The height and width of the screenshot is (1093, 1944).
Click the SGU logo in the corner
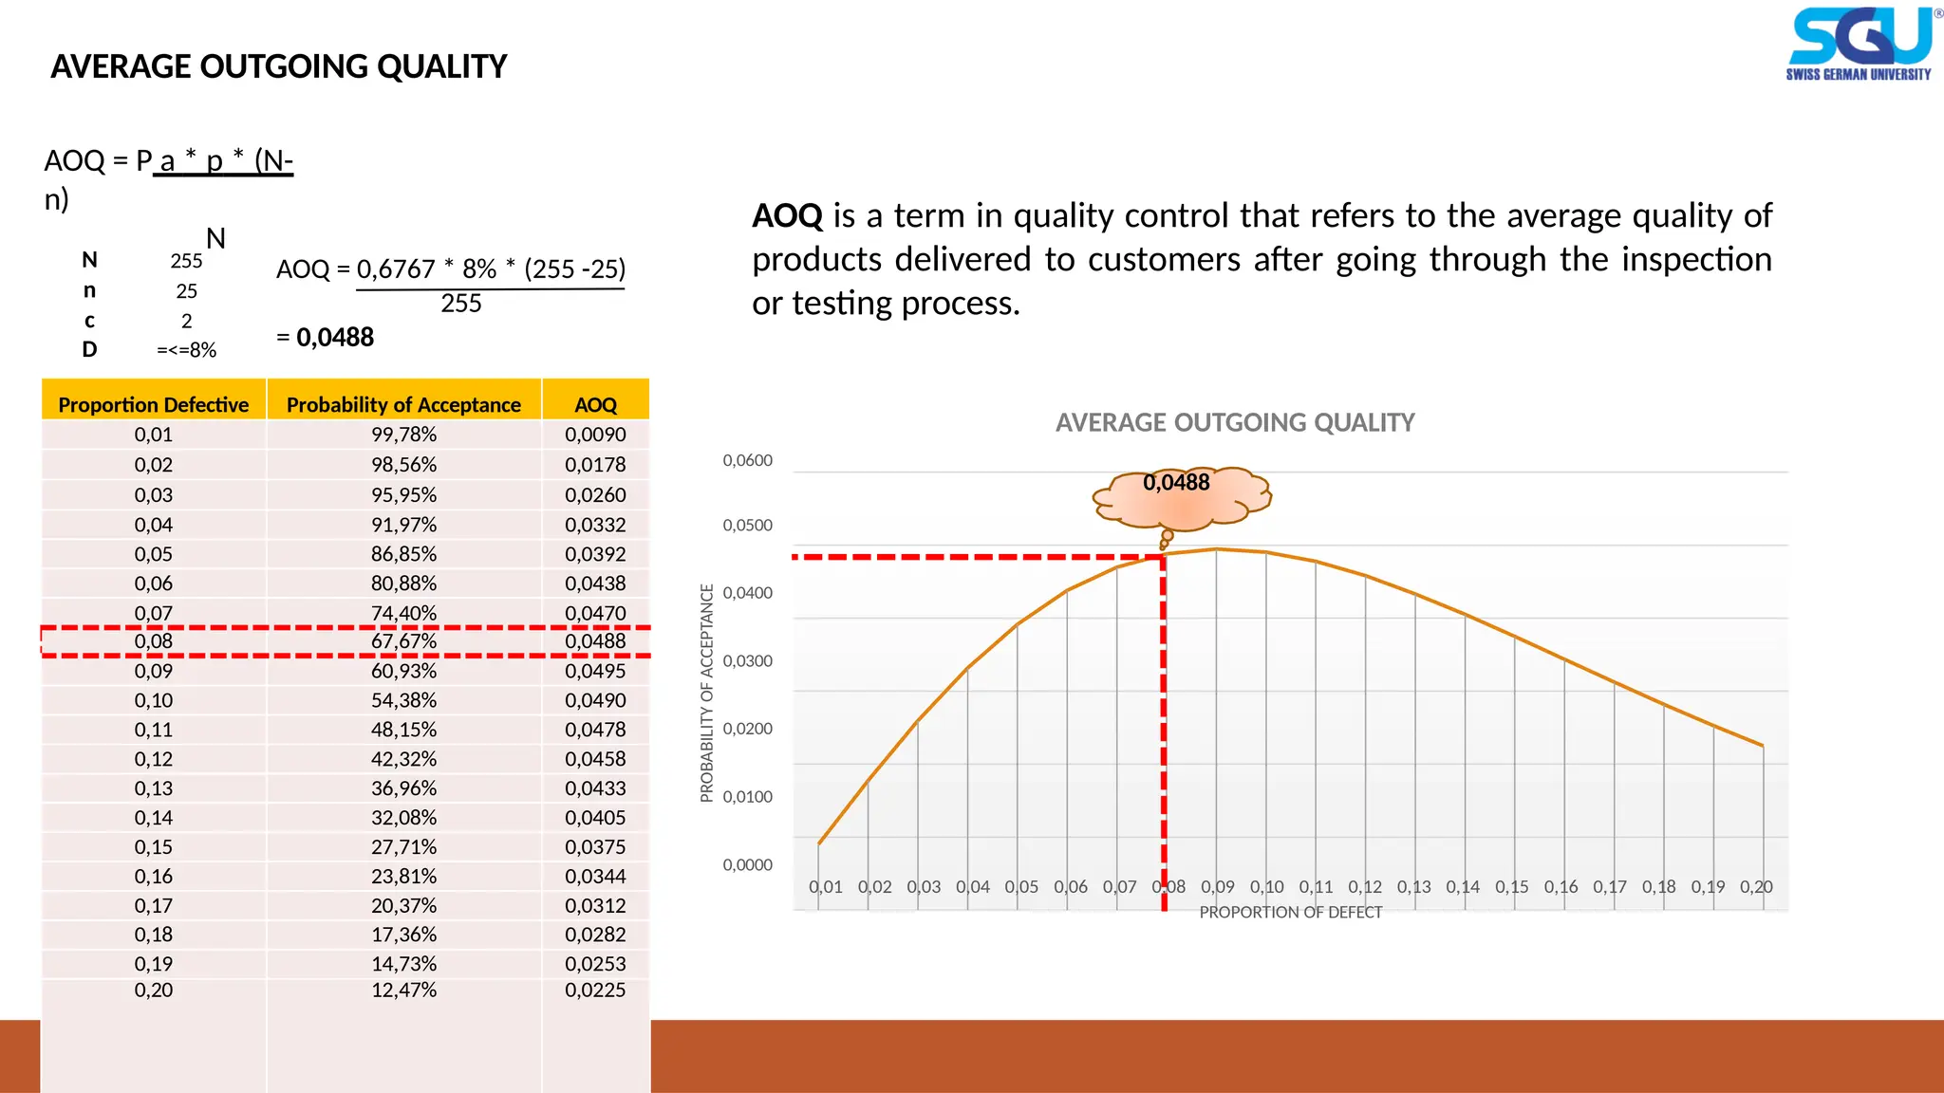(x=1860, y=44)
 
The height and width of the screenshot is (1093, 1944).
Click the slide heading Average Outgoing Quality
(x=278, y=66)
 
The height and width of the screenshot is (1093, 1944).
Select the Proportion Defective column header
(x=153, y=404)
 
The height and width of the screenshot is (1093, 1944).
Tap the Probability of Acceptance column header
(x=403, y=404)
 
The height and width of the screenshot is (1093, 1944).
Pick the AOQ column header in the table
(x=595, y=404)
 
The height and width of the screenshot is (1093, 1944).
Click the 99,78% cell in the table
(x=403, y=435)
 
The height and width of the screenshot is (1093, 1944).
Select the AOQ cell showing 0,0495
(x=595, y=671)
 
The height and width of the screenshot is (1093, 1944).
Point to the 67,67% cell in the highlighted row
(x=403, y=641)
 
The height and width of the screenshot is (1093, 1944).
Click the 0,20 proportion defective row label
(x=153, y=990)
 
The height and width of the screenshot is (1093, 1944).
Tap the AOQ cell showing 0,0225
(x=595, y=990)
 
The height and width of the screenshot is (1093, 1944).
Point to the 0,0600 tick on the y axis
(x=747, y=460)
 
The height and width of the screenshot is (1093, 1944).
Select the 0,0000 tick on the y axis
(x=747, y=864)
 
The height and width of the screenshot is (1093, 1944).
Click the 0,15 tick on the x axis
(x=1511, y=886)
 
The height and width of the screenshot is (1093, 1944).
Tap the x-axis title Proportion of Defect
(x=1290, y=912)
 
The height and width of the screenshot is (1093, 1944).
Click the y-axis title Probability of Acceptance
(x=706, y=693)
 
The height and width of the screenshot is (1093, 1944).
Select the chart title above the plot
(x=1234, y=422)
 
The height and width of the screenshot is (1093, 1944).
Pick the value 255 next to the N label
(x=186, y=261)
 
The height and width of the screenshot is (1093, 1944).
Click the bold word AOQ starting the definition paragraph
(x=787, y=215)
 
